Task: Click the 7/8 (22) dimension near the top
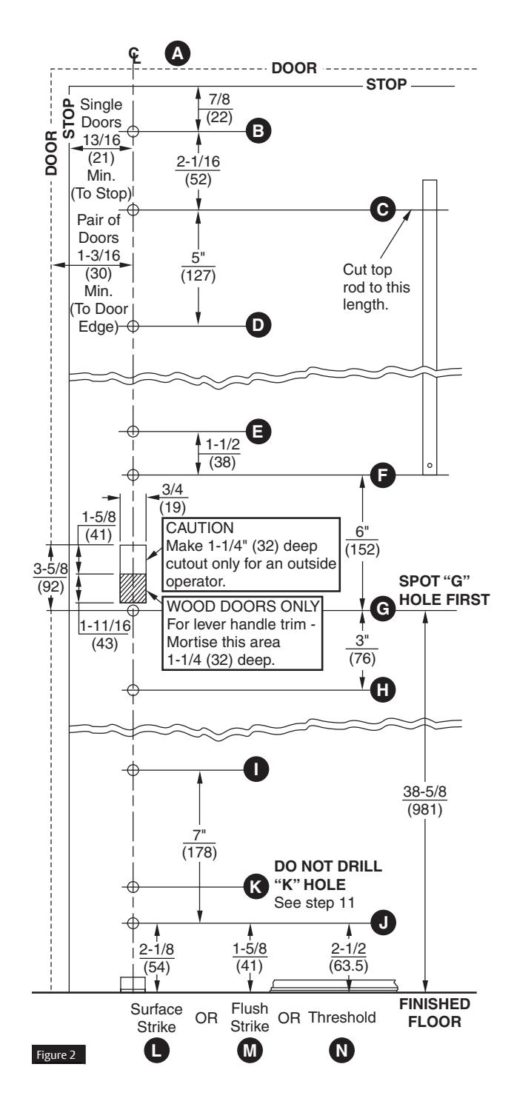(218, 108)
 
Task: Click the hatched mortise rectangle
(133, 588)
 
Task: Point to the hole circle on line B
(133, 131)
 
